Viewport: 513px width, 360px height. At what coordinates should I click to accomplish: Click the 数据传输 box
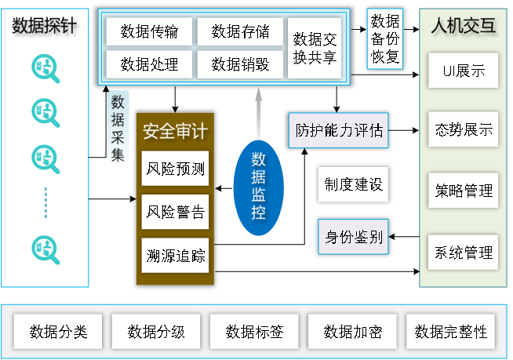(149, 31)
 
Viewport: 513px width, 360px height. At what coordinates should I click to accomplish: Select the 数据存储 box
(240, 31)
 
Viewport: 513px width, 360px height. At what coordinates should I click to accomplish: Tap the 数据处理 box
(149, 64)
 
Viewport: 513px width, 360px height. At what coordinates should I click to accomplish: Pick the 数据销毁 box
(240, 64)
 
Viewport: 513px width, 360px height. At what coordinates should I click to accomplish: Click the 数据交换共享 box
(314, 48)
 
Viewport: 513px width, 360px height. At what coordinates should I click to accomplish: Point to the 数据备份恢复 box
(384, 38)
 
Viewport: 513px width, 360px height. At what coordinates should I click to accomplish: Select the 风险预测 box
(175, 169)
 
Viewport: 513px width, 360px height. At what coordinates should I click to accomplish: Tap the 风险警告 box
(175, 212)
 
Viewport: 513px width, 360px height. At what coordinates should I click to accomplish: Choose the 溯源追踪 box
(175, 255)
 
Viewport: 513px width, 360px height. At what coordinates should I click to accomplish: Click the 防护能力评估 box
(339, 130)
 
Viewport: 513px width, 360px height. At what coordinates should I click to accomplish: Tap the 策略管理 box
(463, 191)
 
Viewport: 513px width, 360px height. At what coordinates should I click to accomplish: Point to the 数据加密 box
(353, 332)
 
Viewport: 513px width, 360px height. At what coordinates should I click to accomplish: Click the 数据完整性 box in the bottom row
(451, 332)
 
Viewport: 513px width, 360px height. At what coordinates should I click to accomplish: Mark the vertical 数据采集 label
(118, 127)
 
